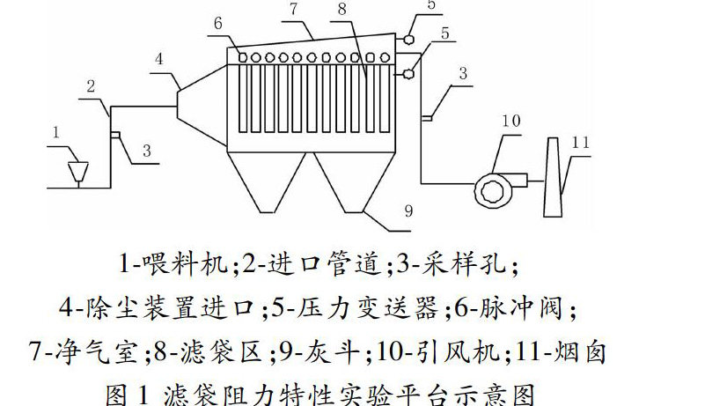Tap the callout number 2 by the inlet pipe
click(x=91, y=86)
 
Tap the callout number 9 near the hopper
click(x=408, y=210)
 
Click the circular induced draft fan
click(x=489, y=187)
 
